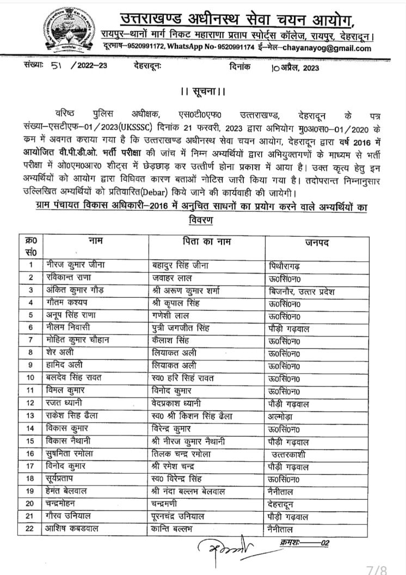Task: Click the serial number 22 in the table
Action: click(x=32, y=528)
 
